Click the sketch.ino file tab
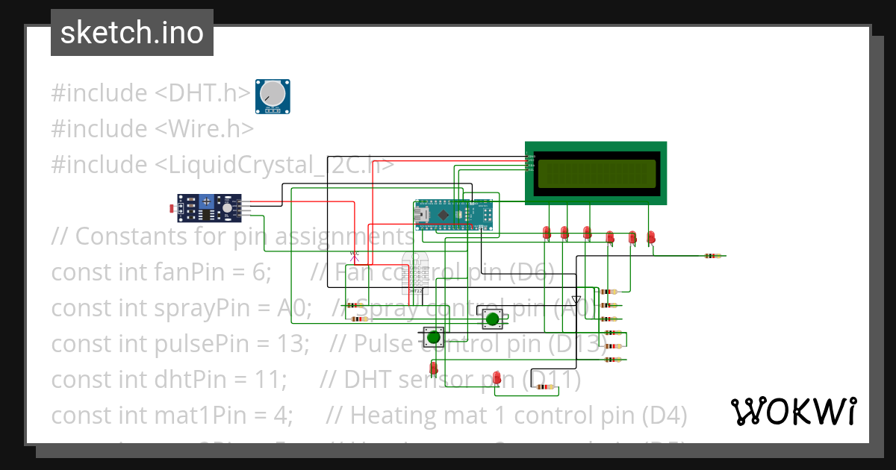(x=131, y=33)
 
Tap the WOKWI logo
(x=793, y=411)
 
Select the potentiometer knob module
(x=273, y=96)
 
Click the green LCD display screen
(x=596, y=173)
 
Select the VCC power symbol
(x=355, y=253)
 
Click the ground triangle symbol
(x=576, y=299)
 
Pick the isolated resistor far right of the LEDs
(x=714, y=255)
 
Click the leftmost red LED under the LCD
(x=547, y=233)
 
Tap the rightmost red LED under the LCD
(x=651, y=237)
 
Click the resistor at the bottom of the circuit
(x=551, y=386)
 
